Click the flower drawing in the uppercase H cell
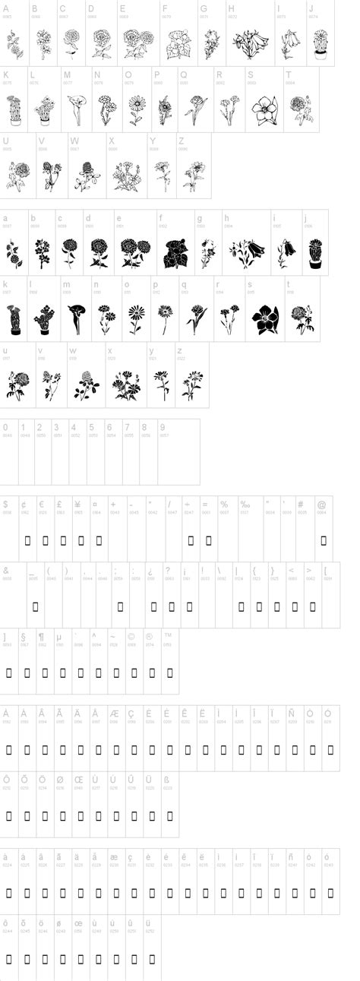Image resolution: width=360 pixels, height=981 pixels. pyautogui.click(x=250, y=44)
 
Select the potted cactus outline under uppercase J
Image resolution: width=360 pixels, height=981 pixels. pyautogui.click(x=320, y=44)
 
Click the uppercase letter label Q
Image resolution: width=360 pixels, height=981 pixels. pyautogui.click(x=183, y=74)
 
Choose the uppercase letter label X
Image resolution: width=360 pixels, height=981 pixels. pyautogui.click(x=112, y=141)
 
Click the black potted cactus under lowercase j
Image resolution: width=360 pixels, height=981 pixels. pyautogui.click(x=316, y=253)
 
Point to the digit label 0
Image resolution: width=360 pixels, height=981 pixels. pyautogui.click(x=5, y=427)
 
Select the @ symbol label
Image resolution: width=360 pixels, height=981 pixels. pyautogui.click(x=321, y=504)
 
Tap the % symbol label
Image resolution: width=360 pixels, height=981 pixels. pyautogui.click(x=224, y=504)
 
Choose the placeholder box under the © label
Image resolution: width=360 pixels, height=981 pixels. pyautogui.click(x=131, y=672)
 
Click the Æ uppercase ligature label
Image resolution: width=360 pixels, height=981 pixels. pyautogui.click(x=114, y=714)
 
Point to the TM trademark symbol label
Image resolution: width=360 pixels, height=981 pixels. pyautogui.click(x=168, y=635)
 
